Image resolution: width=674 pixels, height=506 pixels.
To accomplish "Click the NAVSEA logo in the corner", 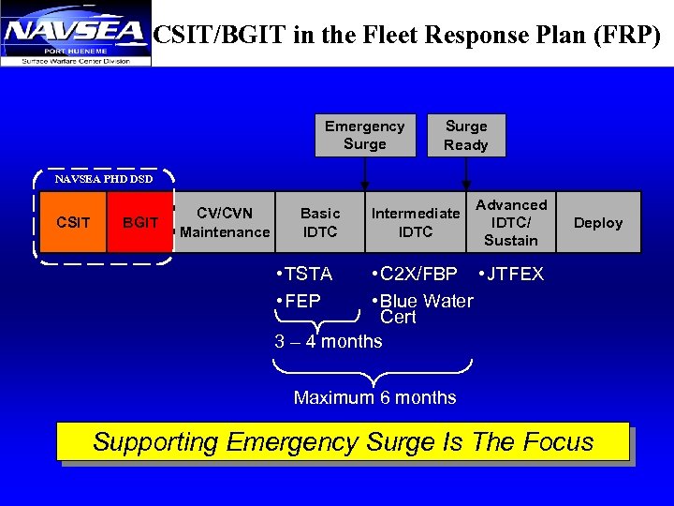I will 75,34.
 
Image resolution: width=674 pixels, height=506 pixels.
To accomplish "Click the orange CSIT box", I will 73,223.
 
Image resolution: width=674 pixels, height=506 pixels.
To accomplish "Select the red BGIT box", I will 140,223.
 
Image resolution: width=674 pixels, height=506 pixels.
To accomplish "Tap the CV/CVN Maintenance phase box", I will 225,222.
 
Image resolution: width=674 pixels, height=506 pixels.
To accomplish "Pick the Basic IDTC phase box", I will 320,222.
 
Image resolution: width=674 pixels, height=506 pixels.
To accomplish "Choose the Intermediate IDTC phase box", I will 416,222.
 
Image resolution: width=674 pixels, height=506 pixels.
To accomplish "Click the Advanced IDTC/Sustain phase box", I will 511,222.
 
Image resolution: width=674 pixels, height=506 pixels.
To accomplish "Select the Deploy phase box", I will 597,222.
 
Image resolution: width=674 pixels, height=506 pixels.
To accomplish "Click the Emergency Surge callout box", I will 364,135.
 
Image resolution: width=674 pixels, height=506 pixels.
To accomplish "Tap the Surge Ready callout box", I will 466,135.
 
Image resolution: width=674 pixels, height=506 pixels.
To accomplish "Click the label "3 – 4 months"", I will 329,342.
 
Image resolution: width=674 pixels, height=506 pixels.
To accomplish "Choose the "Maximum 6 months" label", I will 375,397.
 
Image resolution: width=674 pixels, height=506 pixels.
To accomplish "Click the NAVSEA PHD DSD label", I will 104,178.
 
